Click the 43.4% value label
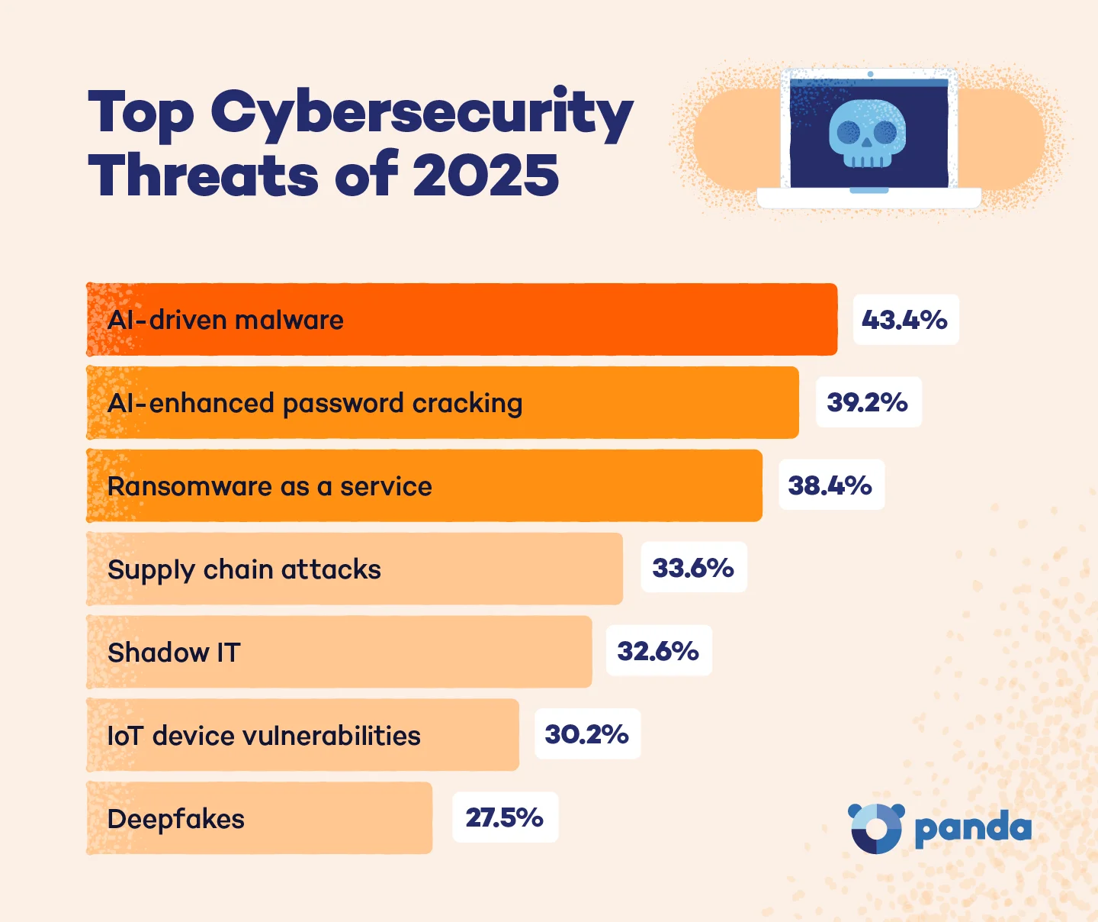coord(905,320)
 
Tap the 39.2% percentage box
coord(868,402)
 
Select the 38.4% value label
coord(830,485)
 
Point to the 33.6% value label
coord(693,568)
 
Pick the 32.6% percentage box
coord(658,651)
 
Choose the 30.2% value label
coord(587,734)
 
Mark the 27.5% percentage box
coord(505,817)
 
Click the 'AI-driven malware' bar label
coord(226,320)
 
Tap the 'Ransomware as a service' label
coord(270,486)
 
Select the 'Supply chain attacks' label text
coord(244,570)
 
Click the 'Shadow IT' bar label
coord(174,653)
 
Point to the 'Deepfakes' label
coord(176,819)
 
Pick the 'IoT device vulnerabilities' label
coord(264,736)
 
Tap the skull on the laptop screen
coord(868,134)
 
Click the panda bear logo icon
coord(876,827)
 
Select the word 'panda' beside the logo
coord(973,829)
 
